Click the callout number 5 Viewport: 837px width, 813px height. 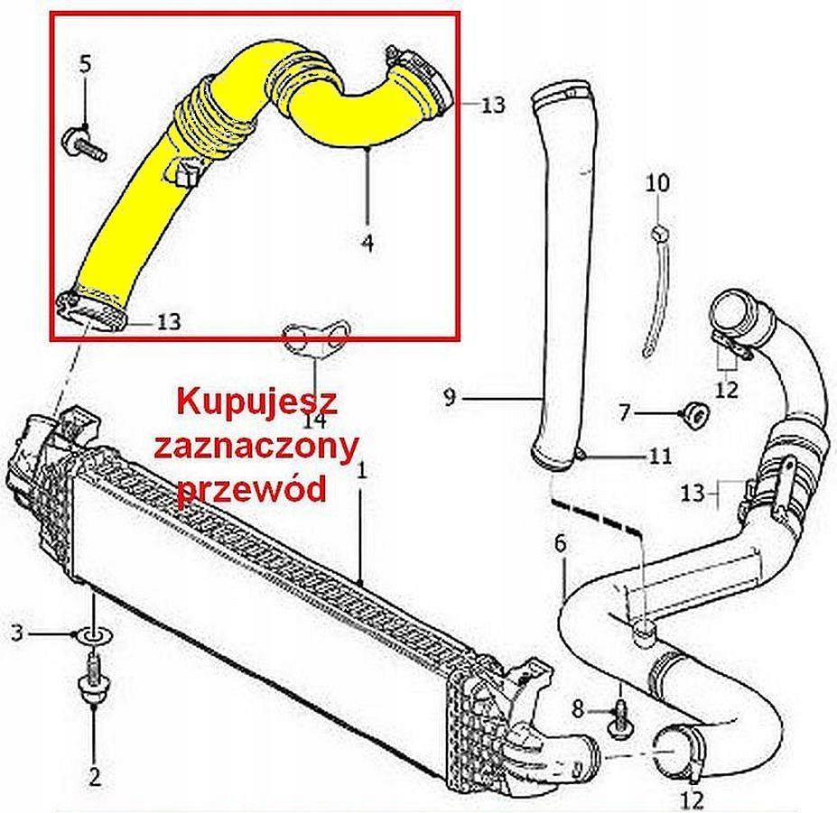click(x=86, y=65)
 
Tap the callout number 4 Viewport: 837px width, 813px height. click(x=367, y=243)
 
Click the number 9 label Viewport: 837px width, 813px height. click(x=450, y=397)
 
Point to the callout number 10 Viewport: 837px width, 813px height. click(x=657, y=183)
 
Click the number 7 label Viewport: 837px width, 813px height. click(x=626, y=411)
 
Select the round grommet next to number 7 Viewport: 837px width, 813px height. click(x=695, y=415)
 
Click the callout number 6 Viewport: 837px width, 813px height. click(x=560, y=543)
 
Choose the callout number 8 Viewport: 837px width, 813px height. click(x=579, y=710)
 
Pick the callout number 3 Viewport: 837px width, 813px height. click(x=18, y=633)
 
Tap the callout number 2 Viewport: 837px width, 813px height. click(x=95, y=777)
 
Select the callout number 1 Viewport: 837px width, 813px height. click(x=362, y=471)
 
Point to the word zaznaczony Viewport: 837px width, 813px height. click(x=256, y=448)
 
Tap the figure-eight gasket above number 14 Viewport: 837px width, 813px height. click(x=315, y=341)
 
